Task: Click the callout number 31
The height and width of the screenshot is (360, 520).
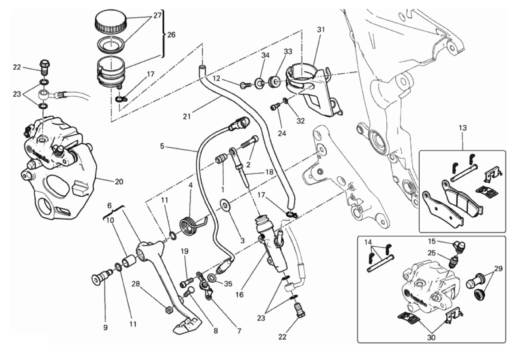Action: pos(322,30)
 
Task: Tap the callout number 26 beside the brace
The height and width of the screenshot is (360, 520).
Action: pos(171,34)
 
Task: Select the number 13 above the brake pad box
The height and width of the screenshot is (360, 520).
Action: pos(463,127)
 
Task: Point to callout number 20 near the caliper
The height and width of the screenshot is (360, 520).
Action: pos(119,182)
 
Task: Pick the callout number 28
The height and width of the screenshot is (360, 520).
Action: pos(136,284)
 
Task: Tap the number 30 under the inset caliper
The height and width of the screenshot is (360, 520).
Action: pos(431,337)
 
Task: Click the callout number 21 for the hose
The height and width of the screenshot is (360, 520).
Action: pos(186,115)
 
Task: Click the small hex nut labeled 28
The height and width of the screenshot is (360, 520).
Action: pos(170,308)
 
